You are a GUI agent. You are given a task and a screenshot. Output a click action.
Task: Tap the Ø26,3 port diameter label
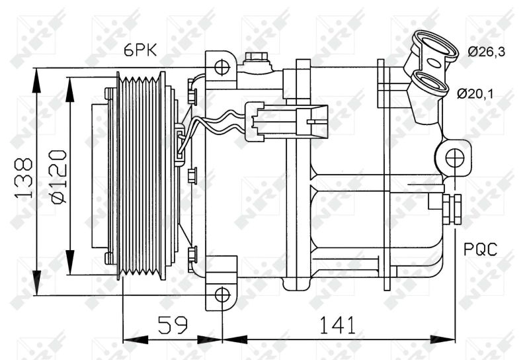point(487,52)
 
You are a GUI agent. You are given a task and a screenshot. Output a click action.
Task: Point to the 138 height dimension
point(24,177)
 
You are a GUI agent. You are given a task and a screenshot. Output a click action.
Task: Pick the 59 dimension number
point(173,324)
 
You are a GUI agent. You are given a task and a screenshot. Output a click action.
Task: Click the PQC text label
point(480,249)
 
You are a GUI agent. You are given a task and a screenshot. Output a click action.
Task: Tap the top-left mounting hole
point(222,66)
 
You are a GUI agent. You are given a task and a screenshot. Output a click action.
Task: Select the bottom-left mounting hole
point(222,294)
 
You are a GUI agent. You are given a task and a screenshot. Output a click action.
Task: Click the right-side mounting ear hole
point(454,157)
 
